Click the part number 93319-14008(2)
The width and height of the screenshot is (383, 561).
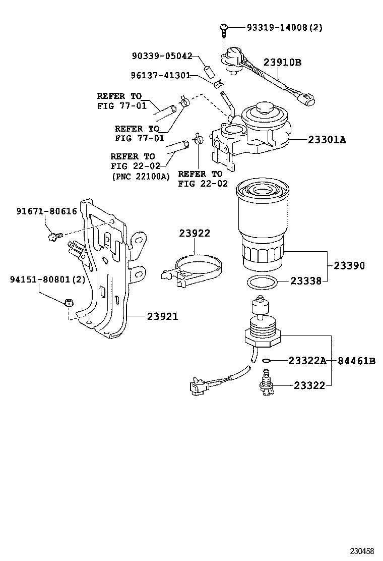[x=284, y=28]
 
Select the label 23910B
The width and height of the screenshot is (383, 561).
[x=282, y=63]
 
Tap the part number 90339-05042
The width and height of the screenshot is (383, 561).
[x=162, y=57]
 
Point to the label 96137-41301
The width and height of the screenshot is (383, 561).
[x=160, y=76]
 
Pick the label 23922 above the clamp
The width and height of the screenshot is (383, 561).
[x=195, y=233]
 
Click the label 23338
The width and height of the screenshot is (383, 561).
[x=305, y=282]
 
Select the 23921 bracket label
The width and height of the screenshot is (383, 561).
[x=162, y=316]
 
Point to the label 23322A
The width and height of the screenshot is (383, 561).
[x=307, y=361]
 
